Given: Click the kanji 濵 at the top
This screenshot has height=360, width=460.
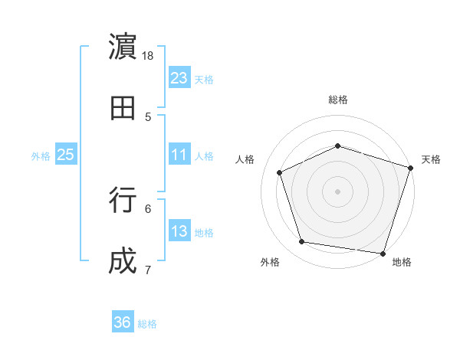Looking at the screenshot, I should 123,47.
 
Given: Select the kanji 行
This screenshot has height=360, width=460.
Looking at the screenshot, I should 123,201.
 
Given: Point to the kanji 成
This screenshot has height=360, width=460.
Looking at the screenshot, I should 123,262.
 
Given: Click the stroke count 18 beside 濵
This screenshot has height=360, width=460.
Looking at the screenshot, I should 148,56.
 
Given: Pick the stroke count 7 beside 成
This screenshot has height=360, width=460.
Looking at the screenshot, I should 148,270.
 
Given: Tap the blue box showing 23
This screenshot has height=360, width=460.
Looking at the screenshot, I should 179,77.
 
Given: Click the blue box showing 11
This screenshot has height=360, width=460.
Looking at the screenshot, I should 179,155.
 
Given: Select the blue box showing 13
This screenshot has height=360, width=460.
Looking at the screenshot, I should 179,231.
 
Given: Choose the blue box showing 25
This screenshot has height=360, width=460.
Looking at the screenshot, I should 66,155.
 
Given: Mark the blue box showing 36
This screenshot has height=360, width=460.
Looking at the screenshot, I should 123,322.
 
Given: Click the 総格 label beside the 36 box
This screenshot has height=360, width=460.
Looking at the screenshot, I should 147,324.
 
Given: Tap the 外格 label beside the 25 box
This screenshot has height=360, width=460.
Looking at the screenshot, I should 41,156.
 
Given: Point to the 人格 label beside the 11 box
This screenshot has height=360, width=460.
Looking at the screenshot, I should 204,156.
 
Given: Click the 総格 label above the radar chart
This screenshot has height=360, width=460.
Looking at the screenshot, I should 337,100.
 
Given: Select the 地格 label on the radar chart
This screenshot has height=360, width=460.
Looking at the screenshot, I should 402,262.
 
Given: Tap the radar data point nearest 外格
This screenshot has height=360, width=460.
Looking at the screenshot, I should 302,242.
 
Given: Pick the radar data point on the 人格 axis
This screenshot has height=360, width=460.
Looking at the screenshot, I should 280,172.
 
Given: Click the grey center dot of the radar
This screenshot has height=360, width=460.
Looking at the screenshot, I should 337,191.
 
